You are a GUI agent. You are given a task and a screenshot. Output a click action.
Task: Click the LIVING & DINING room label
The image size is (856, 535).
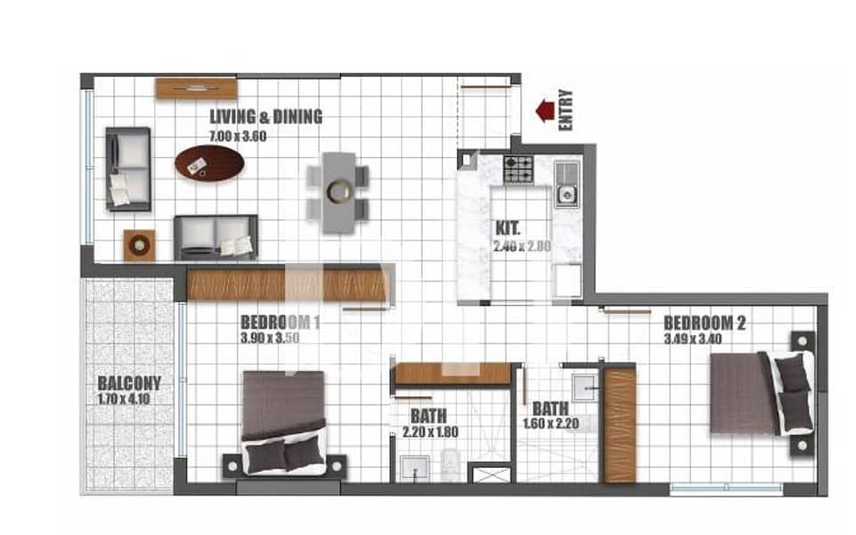pos(265,117)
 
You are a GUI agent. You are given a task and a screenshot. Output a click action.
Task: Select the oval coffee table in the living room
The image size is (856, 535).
pos(209,162)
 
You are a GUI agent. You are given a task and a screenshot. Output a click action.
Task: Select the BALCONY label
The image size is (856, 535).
pos(129,384)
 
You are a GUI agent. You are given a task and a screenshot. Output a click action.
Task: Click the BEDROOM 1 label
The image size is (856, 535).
pos(280,322)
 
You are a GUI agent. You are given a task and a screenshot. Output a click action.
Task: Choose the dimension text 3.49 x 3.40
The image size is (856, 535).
pos(693,339)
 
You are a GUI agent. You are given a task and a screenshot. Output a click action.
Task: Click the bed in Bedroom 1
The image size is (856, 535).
pos(284,420)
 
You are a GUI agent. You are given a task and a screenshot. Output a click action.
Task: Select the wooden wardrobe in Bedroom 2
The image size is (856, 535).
pos(620,424)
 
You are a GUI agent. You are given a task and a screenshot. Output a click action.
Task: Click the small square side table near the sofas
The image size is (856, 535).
pos(140,244)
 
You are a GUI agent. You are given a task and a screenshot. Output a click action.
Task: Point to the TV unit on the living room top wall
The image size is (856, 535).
pos(196,87)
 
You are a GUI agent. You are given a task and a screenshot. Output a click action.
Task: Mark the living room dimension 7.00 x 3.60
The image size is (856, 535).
pos(238,136)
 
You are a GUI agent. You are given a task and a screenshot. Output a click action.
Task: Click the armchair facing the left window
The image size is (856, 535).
pos(128,169)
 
